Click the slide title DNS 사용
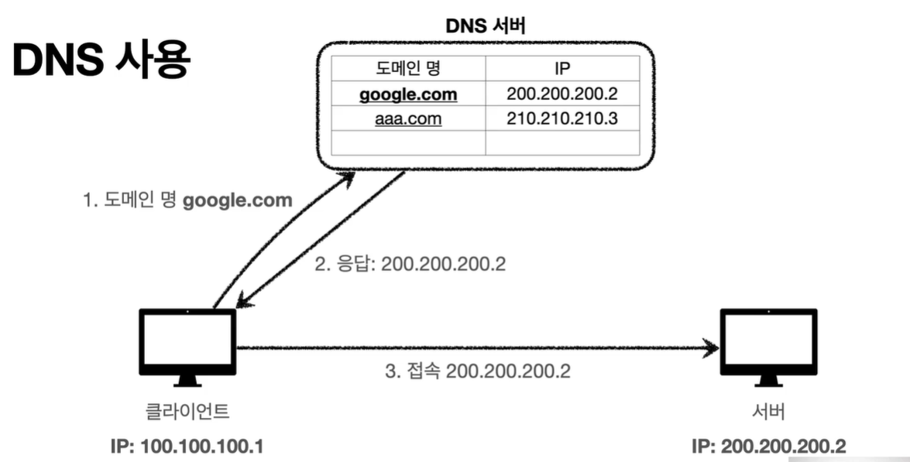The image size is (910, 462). pos(101,60)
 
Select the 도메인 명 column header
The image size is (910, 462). pos(408,67)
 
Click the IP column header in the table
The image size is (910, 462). pos(562,67)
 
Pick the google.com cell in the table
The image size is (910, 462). pos(408,94)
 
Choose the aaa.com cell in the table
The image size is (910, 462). pos(408,118)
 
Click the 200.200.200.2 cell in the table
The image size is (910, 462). pos(562,94)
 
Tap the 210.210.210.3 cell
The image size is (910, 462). pos(562,118)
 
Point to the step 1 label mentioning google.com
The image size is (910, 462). pos(187,200)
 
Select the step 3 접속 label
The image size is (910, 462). pos(478,371)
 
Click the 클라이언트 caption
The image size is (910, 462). pos(188,412)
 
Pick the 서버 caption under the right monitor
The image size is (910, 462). pos(768,412)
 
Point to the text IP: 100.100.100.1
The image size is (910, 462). pos(188,447)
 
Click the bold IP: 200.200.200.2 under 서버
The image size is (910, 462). pos(768,447)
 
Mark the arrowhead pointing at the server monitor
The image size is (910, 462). pos(711,348)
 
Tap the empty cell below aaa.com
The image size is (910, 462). pos(408,142)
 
